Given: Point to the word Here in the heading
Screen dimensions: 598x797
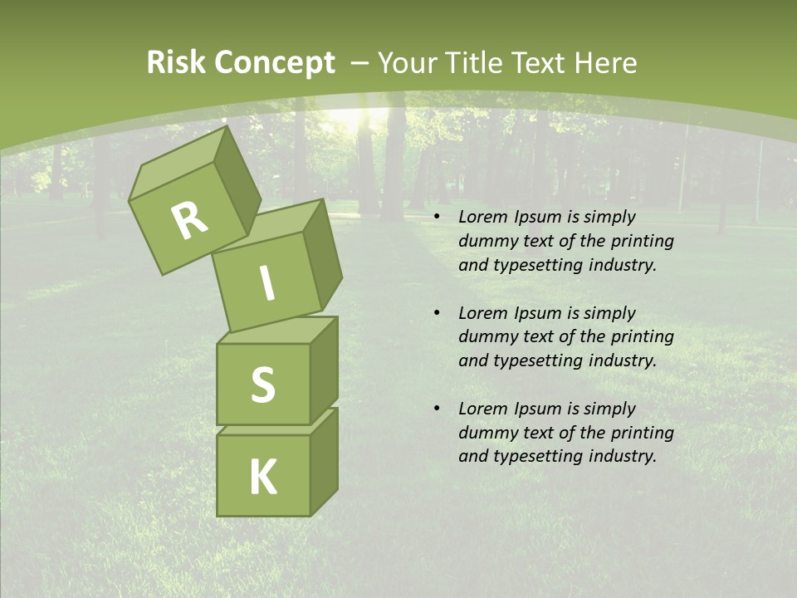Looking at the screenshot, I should pos(604,63).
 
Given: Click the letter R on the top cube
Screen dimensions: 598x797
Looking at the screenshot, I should pos(189,220).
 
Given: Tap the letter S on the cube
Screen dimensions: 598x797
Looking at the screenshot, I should pos(262,385).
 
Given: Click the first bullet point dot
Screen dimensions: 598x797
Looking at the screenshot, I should pos(438,218).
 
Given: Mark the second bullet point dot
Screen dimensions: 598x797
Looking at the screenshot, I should pos(438,314).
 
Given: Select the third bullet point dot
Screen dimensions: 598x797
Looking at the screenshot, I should pos(438,409).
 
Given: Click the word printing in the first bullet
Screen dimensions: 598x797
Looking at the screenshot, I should pos(644,242).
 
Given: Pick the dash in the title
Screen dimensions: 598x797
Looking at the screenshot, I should pos(360,64).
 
